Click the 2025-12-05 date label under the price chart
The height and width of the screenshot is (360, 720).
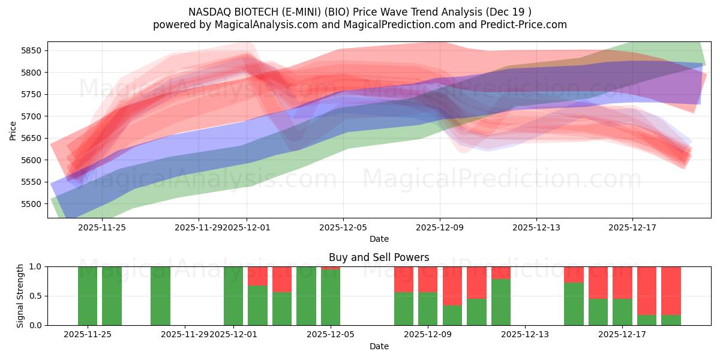pyautogui.click(x=343, y=227)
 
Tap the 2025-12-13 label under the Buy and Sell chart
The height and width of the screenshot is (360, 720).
pyautogui.click(x=525, y=335)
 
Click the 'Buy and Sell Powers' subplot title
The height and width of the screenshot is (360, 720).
pyautogui.click(x=379, y=257)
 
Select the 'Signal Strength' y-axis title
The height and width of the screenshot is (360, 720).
pyautogui.click(x=20, y=295)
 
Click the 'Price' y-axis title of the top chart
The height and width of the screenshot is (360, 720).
pyautogui.click(x=13, y=130)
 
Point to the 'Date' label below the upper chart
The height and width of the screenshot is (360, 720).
pyautogui.click(x=379, y=239)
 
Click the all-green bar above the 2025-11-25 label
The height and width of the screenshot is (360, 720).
pyautogui.click(x=88, y=295)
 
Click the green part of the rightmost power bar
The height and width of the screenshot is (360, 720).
pyautogui.click(x=671, y=320)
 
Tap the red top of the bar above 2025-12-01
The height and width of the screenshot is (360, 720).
pyautogui.click(x=257, y=276)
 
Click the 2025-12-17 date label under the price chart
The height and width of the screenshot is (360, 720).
pyautogui.click(x=632, y=227)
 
